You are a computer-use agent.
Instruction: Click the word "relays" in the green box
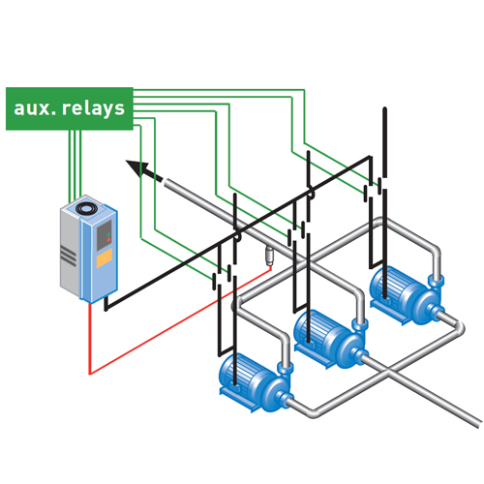pyautogui.click(x=93, y=108)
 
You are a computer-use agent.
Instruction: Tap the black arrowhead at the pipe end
pyautogui.click(x=137, y=167)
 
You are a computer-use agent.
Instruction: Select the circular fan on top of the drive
pyautogui.click(x=86, y=208)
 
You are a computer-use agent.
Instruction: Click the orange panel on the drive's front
pyautogui.click(x=105, y=258)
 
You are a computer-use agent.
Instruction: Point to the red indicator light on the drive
pyautogui.click(x=108, y=240)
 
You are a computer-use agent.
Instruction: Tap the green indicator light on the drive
pyautogui.click(x=108, y=234)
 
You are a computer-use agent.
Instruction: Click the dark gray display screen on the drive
pyautogui.click(x=105, y=235)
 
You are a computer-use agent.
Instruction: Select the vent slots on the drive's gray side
pyautogui.click(x=68, y=256)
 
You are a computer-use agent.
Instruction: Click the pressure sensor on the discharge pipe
pyautogui.click(x=269, y=256)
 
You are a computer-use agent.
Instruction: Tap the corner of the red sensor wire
pyautogui.click(x=90, y=375)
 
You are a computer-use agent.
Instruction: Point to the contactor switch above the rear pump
pyautogui.click(x=376, y=190)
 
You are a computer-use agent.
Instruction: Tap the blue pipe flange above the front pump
pyautogui.click(x=286, y=368)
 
